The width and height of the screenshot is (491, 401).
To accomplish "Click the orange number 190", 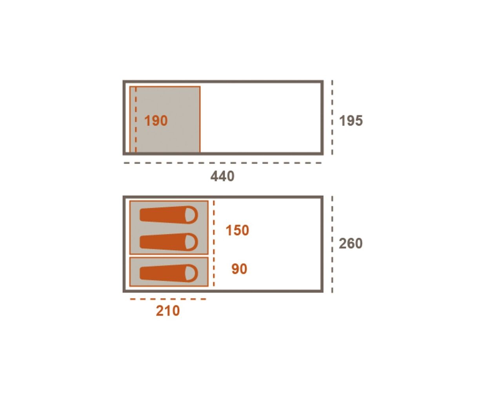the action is [x=156, y=120].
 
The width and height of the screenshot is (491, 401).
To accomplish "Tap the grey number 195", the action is [x=351, y=120].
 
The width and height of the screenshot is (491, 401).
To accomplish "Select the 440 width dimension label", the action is [x=222, y=176].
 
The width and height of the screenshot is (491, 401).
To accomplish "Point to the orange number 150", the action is [x=237, y=230].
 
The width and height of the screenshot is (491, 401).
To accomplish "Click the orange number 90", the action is [x=239, y=269].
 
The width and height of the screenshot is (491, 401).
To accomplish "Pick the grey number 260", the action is [x=350, y=244].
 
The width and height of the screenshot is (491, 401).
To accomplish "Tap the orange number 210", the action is [x=167, y=311].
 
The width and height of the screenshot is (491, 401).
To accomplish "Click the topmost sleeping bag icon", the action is [x=169, y=215].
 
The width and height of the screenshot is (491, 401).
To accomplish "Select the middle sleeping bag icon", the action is [x=169, y=242].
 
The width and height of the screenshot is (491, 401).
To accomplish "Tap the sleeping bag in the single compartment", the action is [x=169, y=273].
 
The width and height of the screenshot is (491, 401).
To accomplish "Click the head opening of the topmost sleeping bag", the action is [x=191, y=215].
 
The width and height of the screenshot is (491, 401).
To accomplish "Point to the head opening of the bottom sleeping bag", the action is [x=191, y=273].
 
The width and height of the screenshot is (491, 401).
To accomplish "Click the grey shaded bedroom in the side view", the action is [x=165, y=119].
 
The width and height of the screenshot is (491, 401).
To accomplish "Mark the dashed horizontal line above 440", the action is [x=223, y=163].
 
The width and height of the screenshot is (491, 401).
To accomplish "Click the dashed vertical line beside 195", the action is [x=332, y=117].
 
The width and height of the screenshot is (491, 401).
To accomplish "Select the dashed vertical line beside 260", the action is [x=332, y=244].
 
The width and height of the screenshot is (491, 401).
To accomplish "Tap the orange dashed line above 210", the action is [x=168, y=299].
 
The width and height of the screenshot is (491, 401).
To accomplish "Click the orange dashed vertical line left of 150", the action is [x=214, y=243].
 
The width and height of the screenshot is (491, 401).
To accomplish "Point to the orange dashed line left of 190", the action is [x=136, y=119].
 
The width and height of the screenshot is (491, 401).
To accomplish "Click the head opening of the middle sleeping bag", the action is [x=191, y=242].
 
